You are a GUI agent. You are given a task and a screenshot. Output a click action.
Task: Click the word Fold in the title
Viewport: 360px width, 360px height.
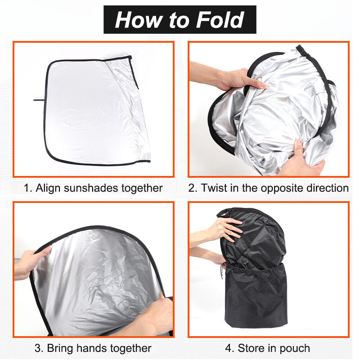pyautogui.click(x=220, y=20)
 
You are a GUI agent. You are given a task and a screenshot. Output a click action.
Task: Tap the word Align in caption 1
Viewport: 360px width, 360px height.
pyautogui.click(x=48, y=188)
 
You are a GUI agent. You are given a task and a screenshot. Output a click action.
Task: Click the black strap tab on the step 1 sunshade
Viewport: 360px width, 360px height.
pyautogui.click(x=40, y=100)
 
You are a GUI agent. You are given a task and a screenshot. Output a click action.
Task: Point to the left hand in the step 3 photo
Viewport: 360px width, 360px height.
pyautogui.click(x=30, y=264)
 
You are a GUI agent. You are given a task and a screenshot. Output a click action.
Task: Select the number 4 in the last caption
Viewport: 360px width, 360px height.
pyautogui.click(x=228, y=348)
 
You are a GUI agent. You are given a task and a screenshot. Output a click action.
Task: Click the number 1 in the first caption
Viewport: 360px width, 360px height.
pyautogui.click(x=27, y=188)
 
